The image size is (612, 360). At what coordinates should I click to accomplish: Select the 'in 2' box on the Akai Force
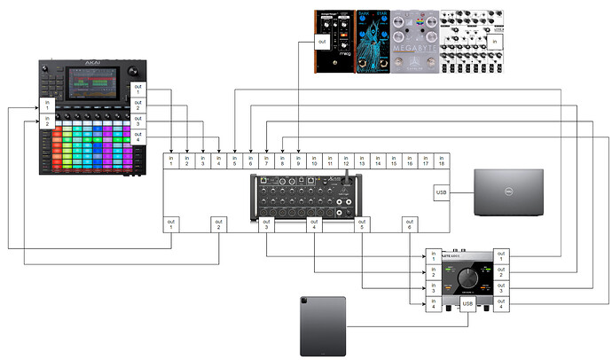49,121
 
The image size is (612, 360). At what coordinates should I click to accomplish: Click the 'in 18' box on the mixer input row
441,160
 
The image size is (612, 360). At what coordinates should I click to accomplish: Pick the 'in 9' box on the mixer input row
298,160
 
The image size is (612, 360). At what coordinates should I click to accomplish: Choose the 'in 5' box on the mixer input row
234,160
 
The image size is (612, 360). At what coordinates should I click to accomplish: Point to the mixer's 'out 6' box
411,225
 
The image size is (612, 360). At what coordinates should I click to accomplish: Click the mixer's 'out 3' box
267,225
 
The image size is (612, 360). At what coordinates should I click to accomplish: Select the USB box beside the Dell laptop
442,192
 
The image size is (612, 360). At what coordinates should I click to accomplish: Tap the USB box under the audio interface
469,306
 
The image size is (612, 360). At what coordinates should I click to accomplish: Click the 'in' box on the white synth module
494,41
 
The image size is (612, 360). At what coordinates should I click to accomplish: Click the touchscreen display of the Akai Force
90,89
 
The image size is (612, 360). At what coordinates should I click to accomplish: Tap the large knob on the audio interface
467,278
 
